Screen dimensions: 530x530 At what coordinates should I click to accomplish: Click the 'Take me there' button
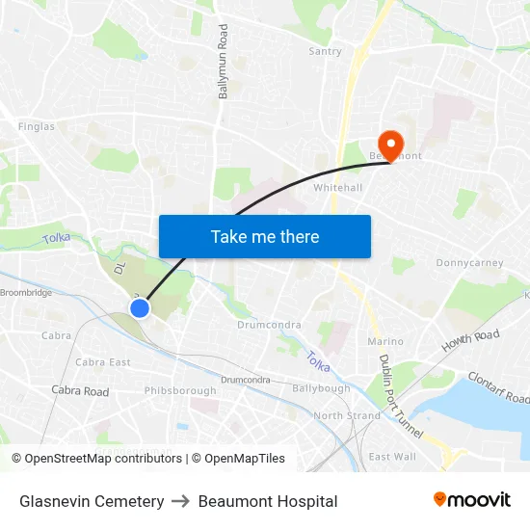(265, 236)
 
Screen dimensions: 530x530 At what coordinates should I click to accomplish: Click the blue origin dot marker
(140, 307)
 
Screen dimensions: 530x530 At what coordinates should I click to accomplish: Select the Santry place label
(325, 51)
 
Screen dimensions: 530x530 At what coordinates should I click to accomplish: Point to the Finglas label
(36, 126)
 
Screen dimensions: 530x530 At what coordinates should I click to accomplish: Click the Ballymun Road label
(224, 62)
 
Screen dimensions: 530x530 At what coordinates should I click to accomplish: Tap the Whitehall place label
(337, 188)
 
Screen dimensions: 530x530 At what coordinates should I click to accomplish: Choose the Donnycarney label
(469, 262)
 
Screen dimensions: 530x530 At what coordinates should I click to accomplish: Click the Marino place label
(385, 341)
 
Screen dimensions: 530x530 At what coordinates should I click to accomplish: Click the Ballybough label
(321, 388)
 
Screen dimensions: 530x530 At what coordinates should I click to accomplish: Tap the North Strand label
(347, 415)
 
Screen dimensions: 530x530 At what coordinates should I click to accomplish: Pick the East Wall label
(391, 456)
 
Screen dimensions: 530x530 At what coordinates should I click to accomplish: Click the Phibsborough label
(180, 390)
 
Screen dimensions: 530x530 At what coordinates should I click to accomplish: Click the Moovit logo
(472, 500)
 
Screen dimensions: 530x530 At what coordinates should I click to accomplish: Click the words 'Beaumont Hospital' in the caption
(268, 501)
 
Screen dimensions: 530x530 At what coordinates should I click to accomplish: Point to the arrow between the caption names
(181, 501)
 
